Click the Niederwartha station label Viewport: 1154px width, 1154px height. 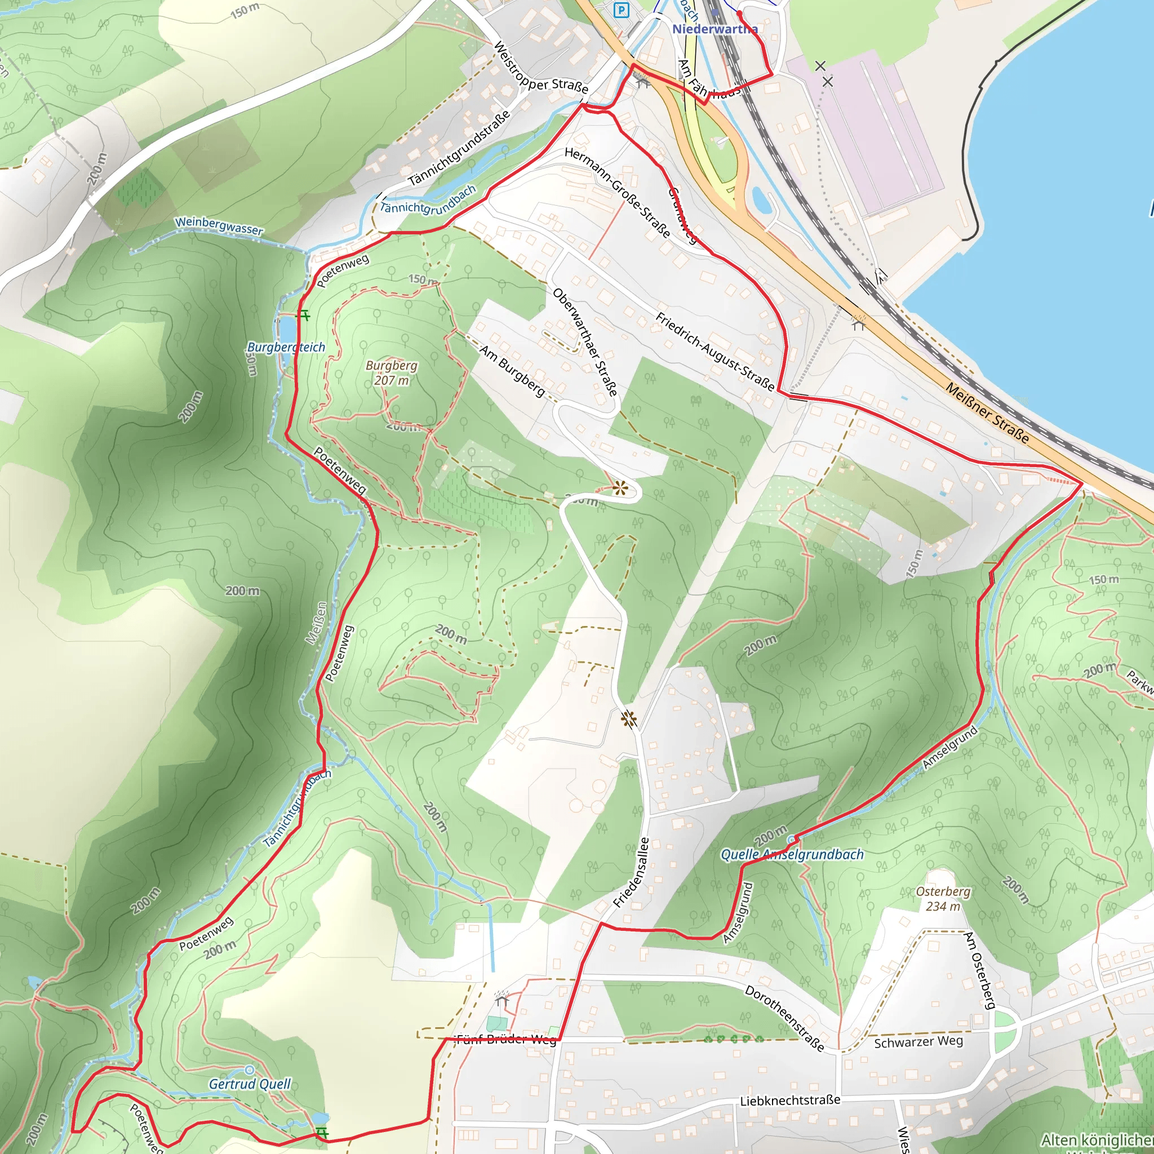pos(714,29)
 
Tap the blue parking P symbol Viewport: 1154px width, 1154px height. pos(623,10)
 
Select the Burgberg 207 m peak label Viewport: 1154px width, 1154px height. pos(392,372)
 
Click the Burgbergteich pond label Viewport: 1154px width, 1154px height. pos(286,347)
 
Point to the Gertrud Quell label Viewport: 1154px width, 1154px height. pos(250,1084)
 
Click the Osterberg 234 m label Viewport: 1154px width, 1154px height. pos(943,898)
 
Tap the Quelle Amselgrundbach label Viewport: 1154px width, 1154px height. pos(792,854)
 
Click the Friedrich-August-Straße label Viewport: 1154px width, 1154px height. pos(715,351)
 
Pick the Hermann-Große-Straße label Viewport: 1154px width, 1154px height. pos(617,192)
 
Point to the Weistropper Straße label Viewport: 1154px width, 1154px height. pos(541,68)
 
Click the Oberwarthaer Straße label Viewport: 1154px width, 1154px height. pos(585,342)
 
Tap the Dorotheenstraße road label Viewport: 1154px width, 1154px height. pos(784,1018)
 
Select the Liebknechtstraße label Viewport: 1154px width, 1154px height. pos(789,1100)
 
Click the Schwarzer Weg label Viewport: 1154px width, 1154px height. pos(918,1042)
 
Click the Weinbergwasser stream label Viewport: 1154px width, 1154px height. pos(219,226)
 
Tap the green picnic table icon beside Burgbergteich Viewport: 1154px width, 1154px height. pos(304,315)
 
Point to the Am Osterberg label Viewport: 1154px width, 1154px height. pos(979,971)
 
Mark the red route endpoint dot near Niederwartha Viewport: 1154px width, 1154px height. pos(739,12)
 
